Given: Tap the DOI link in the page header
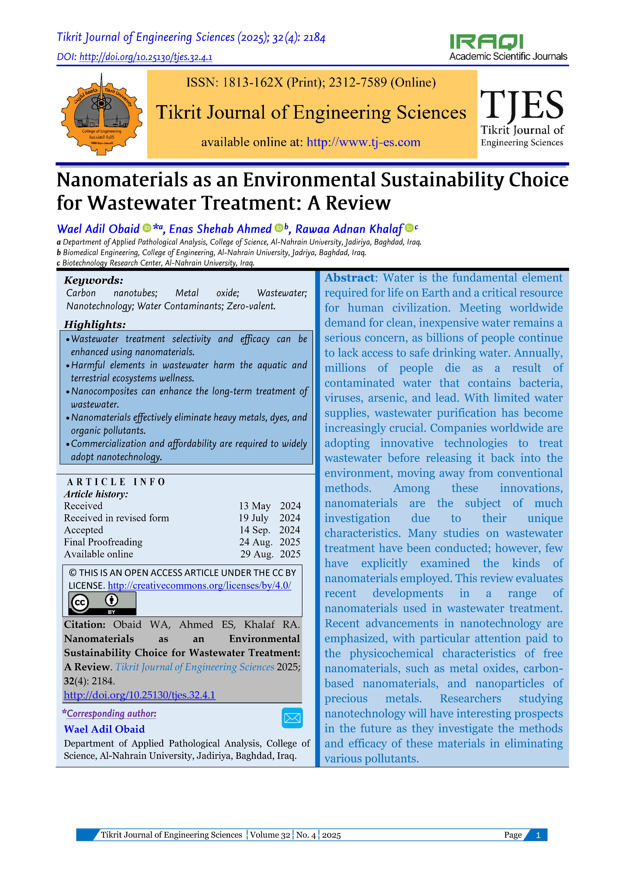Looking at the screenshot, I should pos(146,57).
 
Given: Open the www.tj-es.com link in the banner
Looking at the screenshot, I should pos(363,142).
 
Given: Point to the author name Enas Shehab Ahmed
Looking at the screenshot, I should pos(220,229).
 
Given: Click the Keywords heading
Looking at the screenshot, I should pos(94,280).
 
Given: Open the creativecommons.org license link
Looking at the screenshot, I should pos(199,586).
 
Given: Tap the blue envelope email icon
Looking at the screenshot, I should pos(292,718).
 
